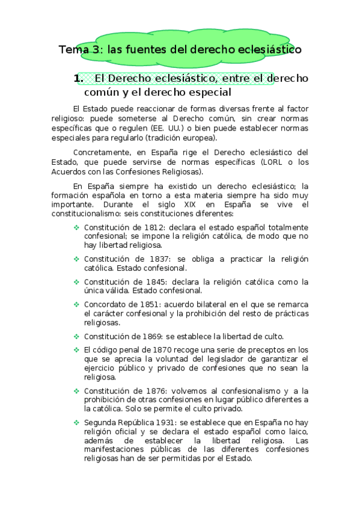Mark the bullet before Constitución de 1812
[x=76, y=228]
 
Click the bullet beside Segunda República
[x=76, y=422]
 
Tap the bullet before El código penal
[x=76, y=350]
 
